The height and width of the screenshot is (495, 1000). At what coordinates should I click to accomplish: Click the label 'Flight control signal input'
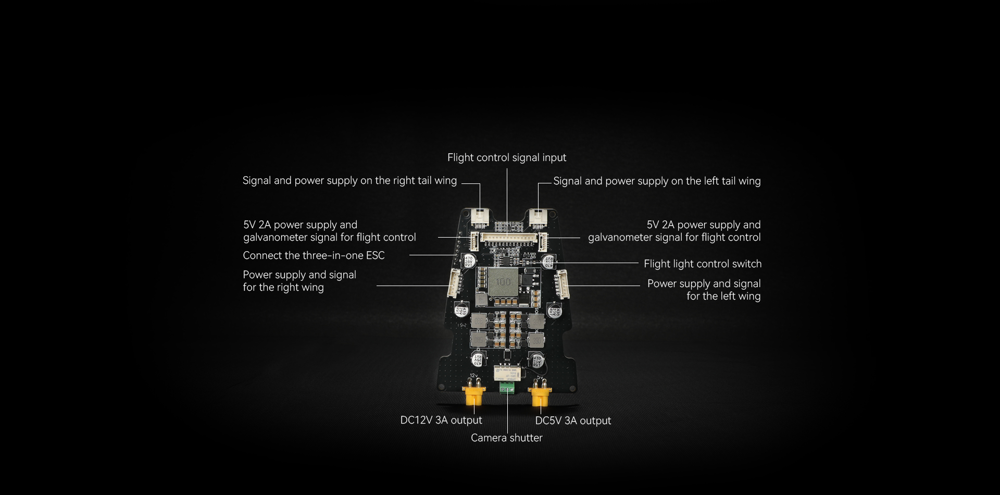pos(506,157)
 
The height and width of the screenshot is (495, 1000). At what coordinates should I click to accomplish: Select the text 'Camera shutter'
pos(506,438)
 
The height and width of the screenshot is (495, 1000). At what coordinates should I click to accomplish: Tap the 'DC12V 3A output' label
pos(441,420)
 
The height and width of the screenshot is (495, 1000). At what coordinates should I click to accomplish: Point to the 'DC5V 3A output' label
pos(573,420)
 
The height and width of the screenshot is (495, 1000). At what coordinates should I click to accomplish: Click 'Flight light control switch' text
pos(702,264)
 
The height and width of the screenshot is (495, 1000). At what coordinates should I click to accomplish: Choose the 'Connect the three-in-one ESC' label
pos(314,255)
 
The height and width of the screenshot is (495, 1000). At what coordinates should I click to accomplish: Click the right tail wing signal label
pos(349,180)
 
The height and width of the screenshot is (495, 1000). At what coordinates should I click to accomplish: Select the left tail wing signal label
pos(656,181)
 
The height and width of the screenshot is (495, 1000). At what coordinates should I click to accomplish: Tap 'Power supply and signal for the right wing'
pos(299,281)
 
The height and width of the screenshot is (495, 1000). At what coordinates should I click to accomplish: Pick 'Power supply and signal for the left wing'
pos(704,290)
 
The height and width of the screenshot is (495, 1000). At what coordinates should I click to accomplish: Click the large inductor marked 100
pos(503,282)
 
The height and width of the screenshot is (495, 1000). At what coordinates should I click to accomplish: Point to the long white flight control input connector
pos(508,237)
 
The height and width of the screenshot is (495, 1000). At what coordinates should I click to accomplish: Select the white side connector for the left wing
pos(562,284)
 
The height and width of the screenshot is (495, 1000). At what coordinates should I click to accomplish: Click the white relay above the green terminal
pos(505,372)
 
